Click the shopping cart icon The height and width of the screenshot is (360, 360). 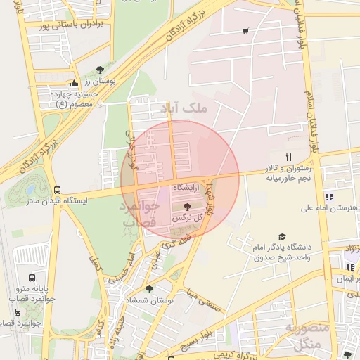pyautogui.click(x=245, y=31)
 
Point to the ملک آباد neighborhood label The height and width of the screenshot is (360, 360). pyautogui.click(x=184, y=108)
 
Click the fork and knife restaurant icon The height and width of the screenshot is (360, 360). pyautogui.click(x=288, y=157)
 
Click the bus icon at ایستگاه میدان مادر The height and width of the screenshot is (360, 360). pyautogui.click(x=57, y=190)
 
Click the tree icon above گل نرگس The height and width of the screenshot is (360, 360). pyautogui.click(x=186, y=207)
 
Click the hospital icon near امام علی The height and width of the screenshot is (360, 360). pyautogui.click(x=328, y=197)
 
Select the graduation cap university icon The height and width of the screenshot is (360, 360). pyautogui.click(x=283, y=237)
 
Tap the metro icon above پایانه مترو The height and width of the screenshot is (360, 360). pyautogui.click(x=32, y=278)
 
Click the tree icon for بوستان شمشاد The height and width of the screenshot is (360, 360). pyautogui.click(x=149, y=288)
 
